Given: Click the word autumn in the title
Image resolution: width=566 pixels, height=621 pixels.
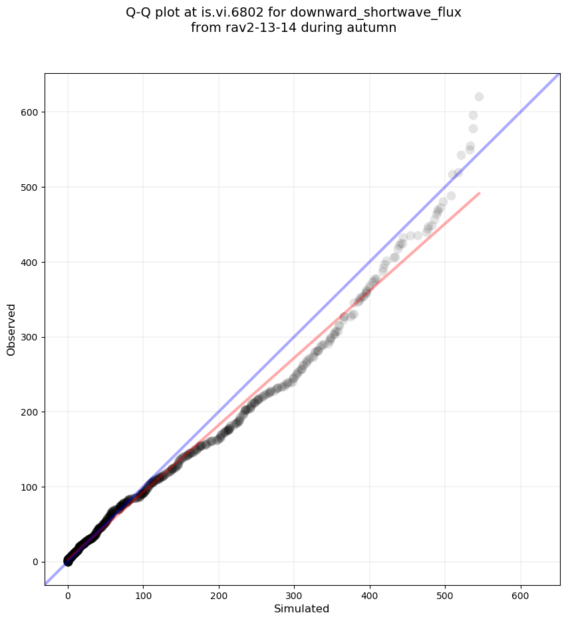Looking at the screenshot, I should (x=374, y=28).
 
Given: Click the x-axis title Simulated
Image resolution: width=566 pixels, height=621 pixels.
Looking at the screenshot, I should (x=302, y=608).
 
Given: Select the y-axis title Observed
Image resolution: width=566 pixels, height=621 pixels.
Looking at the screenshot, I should (x=11, y=329).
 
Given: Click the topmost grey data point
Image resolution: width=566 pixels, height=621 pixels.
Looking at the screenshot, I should (x=479, y=97).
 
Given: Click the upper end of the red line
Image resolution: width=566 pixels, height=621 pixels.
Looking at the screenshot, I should (x=480, y=193).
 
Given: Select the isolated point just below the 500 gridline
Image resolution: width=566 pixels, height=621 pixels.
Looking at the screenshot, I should (x=451, y=195).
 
